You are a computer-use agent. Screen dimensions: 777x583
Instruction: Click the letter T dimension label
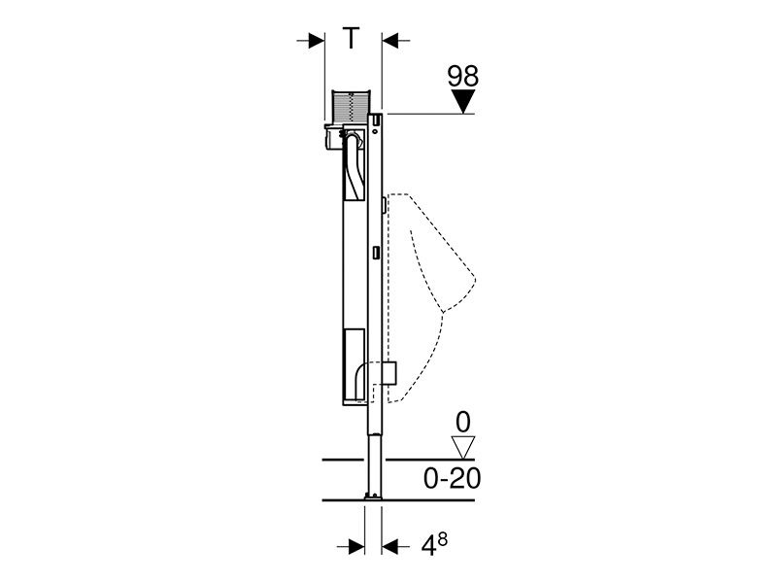(x=351, y=38)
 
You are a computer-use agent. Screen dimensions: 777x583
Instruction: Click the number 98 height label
(x=463, y=77)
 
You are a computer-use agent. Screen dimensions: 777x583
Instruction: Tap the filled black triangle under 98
(x=463, y=101)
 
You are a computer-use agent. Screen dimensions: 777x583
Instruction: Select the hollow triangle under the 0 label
(x=464, y=447)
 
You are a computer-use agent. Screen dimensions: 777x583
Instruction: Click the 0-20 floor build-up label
(x=452, y=478)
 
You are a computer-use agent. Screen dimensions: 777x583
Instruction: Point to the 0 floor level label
(x=463, y=423)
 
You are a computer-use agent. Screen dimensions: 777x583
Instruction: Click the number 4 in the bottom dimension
(x=428, y=547)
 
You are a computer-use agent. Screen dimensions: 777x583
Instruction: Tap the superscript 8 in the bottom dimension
(x=442, y=539)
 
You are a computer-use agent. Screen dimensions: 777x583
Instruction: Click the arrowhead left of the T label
(x=316, y=41)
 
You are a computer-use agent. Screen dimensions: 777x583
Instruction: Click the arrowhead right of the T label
(x=390, y=41)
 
